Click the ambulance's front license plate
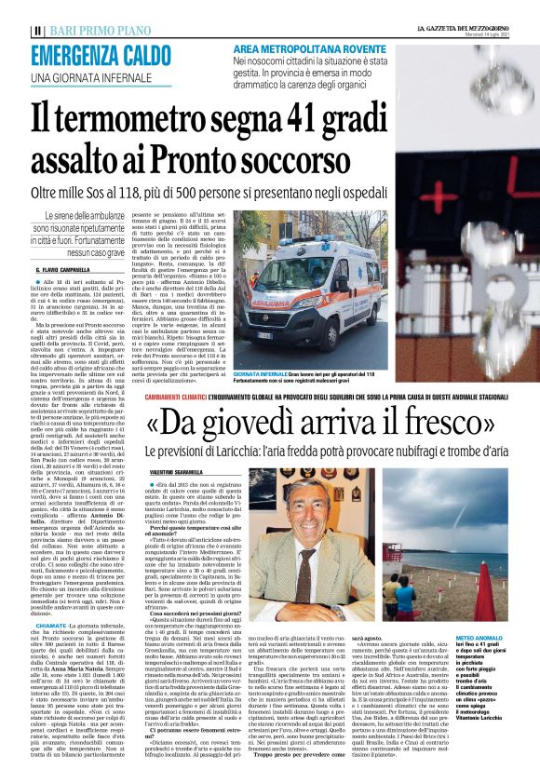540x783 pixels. pyautogui.click(x=268, y=333)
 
